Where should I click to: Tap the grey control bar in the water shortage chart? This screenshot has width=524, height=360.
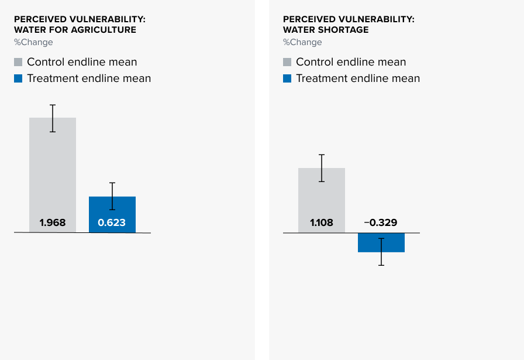322,196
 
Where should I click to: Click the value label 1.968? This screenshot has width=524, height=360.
53,223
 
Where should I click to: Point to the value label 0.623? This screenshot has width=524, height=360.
112,223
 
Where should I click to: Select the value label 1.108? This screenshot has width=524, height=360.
322,223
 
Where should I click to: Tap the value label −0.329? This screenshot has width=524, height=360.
381,223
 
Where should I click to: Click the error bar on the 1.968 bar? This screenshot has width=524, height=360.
53,118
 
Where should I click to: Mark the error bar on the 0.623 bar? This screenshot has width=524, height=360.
112,196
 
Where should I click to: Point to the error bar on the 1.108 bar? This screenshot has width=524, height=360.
322,168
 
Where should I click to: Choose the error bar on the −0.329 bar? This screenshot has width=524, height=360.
381,252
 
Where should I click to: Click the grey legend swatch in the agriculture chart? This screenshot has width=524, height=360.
18,62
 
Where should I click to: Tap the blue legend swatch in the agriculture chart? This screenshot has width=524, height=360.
18,78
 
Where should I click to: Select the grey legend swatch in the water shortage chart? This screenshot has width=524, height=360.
287,62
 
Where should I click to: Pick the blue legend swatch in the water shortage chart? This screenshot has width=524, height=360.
287,78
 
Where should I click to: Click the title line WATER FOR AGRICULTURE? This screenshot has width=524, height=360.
75,29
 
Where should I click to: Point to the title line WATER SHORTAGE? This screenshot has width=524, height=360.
326,29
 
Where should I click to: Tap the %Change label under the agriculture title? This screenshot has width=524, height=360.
33,42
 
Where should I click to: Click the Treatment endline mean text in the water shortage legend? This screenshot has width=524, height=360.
358,78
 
